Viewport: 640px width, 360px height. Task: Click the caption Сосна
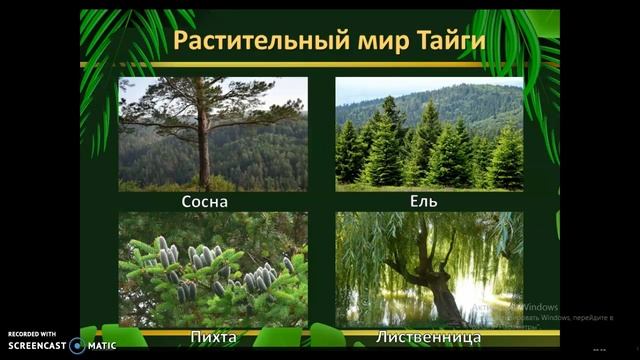click(x=204, y=202)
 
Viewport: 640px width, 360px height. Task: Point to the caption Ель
click(x=424, y=202)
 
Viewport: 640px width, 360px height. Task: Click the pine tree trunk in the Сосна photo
click(x=204, y=150)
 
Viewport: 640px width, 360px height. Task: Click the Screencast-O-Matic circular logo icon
click(x=77, y=345)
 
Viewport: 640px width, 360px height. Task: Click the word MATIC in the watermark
click(x=102, y=346)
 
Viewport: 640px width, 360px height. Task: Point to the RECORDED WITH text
click(x=32, y=334)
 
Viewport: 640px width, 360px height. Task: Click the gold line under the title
click(x=320, y=64)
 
